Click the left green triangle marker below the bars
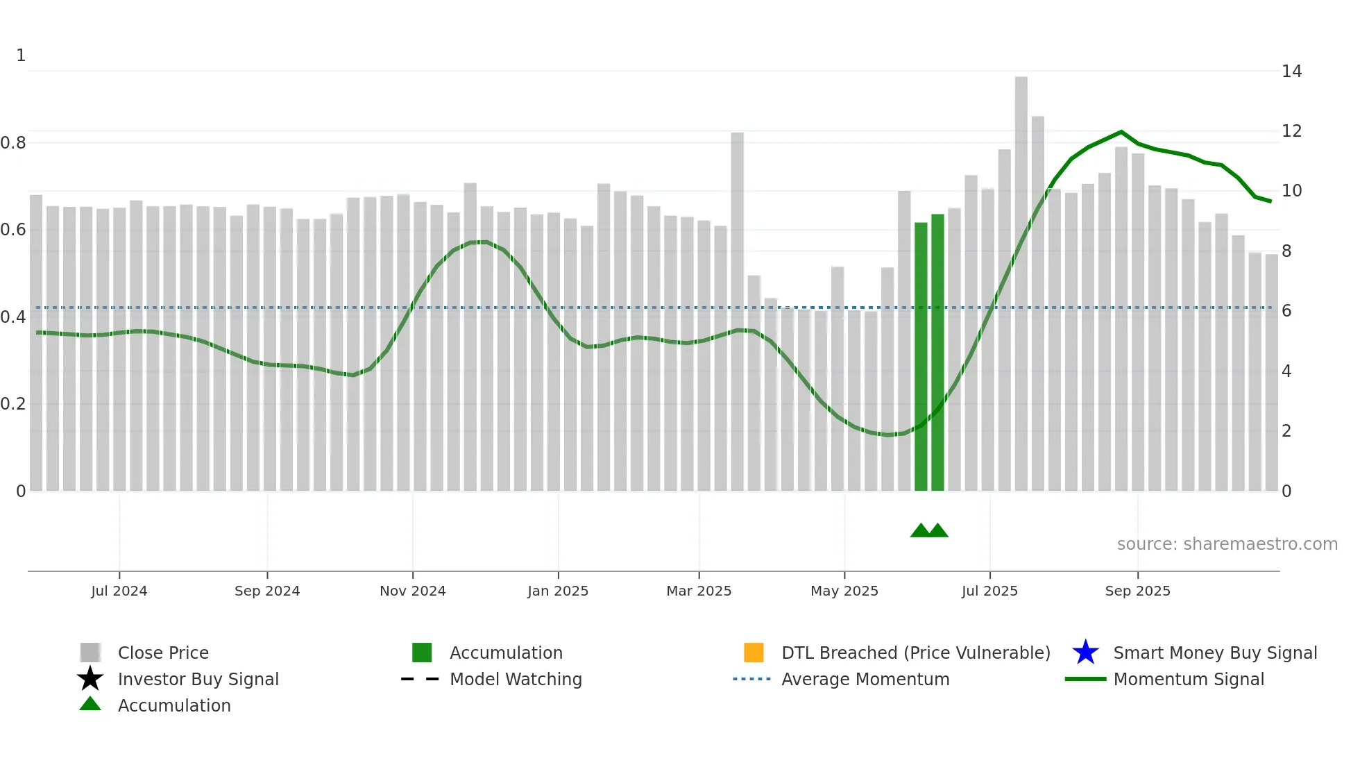[x=921, y=531]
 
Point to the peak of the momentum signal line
[x=1121, y=132]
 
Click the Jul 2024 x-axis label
[x=119, y=591]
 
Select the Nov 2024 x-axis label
[x=413, y=591]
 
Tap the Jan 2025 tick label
[x=558, y=591]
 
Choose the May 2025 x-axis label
[x=844, y=591]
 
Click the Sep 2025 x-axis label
[x=1137, y=591]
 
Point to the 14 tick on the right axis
[x=1291, y=72]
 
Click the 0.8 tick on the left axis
[x=13, y=143]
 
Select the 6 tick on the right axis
[x=1286, y=311]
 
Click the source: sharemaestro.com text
[x=1227, y=544]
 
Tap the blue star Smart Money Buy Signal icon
[x=1085, y=653]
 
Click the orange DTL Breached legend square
[x=754, y=653]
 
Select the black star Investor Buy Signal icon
[x=90, y=679]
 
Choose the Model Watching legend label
[x=516, y=679]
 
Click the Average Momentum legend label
[x=865, y=679]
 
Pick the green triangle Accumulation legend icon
[x=90, y=705]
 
